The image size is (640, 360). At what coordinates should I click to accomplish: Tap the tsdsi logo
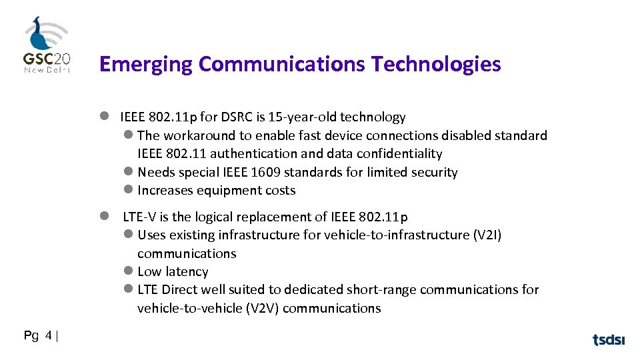[x=609, y=340]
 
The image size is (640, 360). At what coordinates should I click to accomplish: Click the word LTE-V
[x=139, y=217]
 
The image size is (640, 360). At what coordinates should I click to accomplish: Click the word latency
[x=186, y=272]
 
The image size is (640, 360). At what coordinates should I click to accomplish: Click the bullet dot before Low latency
[x=129, y=271]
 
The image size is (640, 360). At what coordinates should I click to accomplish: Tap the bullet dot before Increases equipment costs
[x=129, y=190]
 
